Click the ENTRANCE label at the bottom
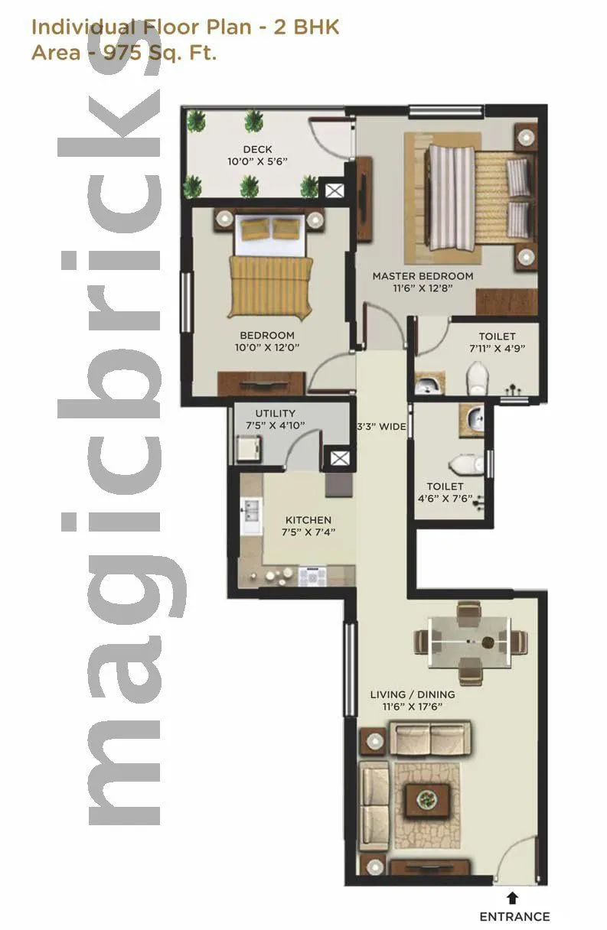[x=514, y=916]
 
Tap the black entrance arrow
[x=512, y=898]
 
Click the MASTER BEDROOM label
[x=423, y=276]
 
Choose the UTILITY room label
[x=276, y=414]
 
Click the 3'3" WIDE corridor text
[x=382, y=427]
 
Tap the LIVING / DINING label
[x=413, y=694]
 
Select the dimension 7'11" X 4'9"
[x=497, y=349]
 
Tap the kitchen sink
[x=250, y=514]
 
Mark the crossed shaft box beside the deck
[x=335, y=191]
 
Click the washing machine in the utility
[x=248, y=447]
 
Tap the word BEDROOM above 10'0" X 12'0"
[x=267, y=335]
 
